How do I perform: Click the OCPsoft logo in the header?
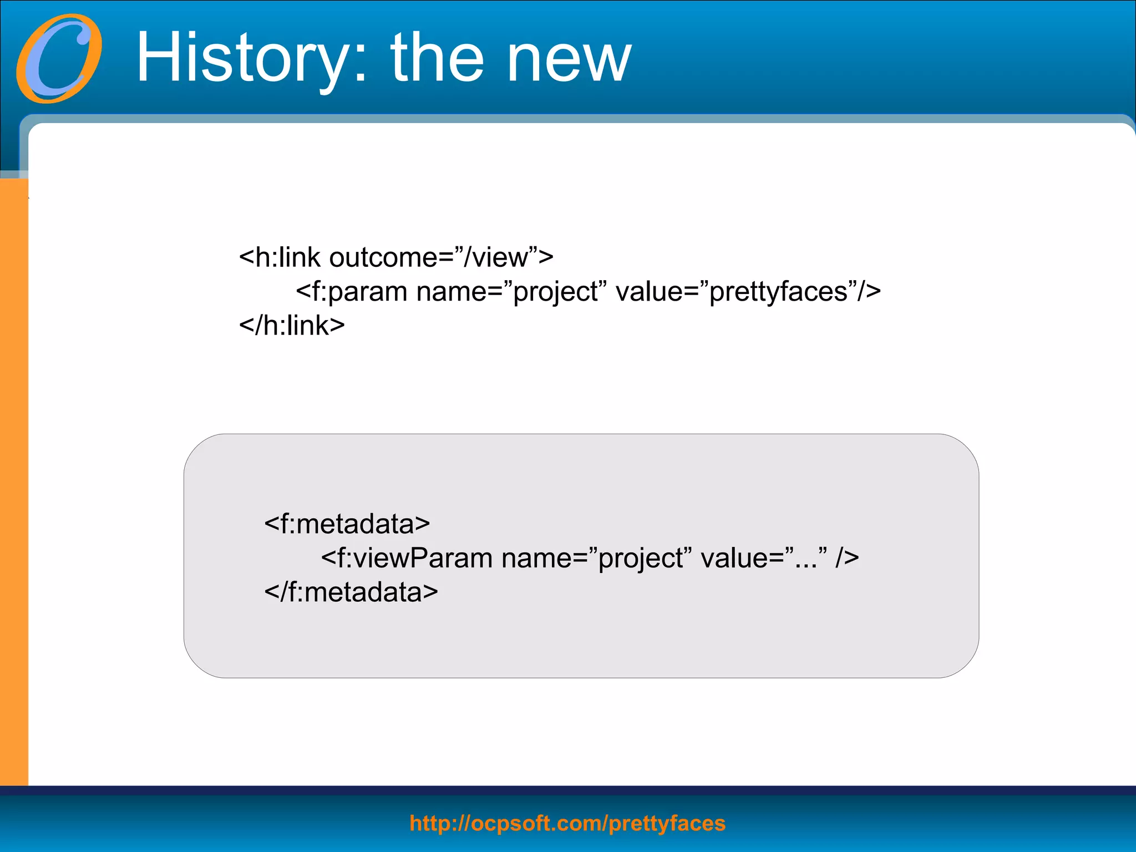[x=59, y=58]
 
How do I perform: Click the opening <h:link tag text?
[x=280, y=257]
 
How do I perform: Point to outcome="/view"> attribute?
[x=441, y=257]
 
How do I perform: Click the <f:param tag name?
[x=352, y=292]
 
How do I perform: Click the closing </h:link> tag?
[x=292, y=326]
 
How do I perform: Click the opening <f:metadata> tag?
[x=347, y=524]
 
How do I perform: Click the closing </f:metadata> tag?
[x=351, y=592]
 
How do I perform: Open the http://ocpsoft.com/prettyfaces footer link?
[x=567, y=823]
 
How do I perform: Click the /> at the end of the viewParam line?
[x=848, y=558]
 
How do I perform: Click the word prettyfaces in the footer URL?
[x=667, y=823]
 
